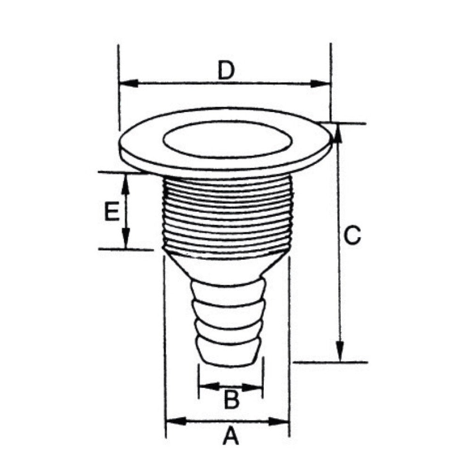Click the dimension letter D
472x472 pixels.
click(226, 70)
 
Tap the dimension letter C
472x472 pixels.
click(352, 235)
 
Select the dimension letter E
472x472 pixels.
click(111, 211)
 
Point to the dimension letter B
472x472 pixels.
click(231, 399)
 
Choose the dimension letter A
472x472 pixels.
click(231, 435)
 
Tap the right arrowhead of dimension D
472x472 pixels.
click(321, 84)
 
